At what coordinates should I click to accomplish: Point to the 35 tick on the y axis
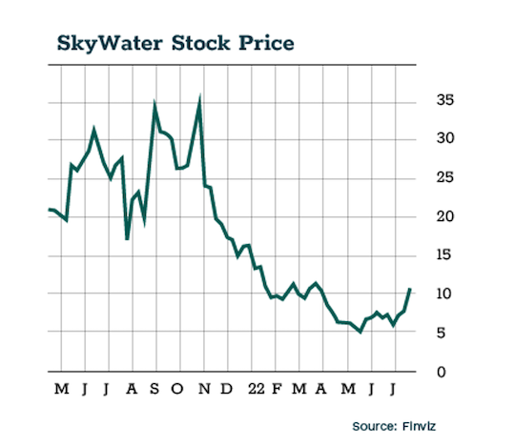(x=443, y=100)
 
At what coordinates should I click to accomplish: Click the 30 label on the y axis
(x=443, y=139)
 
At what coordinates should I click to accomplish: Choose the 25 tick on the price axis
(x=443, y=178)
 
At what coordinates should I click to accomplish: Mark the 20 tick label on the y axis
(x=443, y=216)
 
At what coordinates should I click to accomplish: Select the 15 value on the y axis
(x=443, y=255)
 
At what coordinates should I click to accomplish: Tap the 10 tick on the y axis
(x=443, y=294)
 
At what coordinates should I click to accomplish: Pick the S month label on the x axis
(x=155, y=389)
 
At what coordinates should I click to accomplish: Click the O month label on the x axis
(x=178, y=389)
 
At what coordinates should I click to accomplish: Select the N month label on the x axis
(x=202, y=389)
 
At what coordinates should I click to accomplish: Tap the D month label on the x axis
(x=226, y=389)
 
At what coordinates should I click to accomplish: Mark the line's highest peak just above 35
(x=198, y=97)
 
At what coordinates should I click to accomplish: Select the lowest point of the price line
(x=360, y=332)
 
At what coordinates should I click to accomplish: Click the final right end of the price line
(x=410, y=288)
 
